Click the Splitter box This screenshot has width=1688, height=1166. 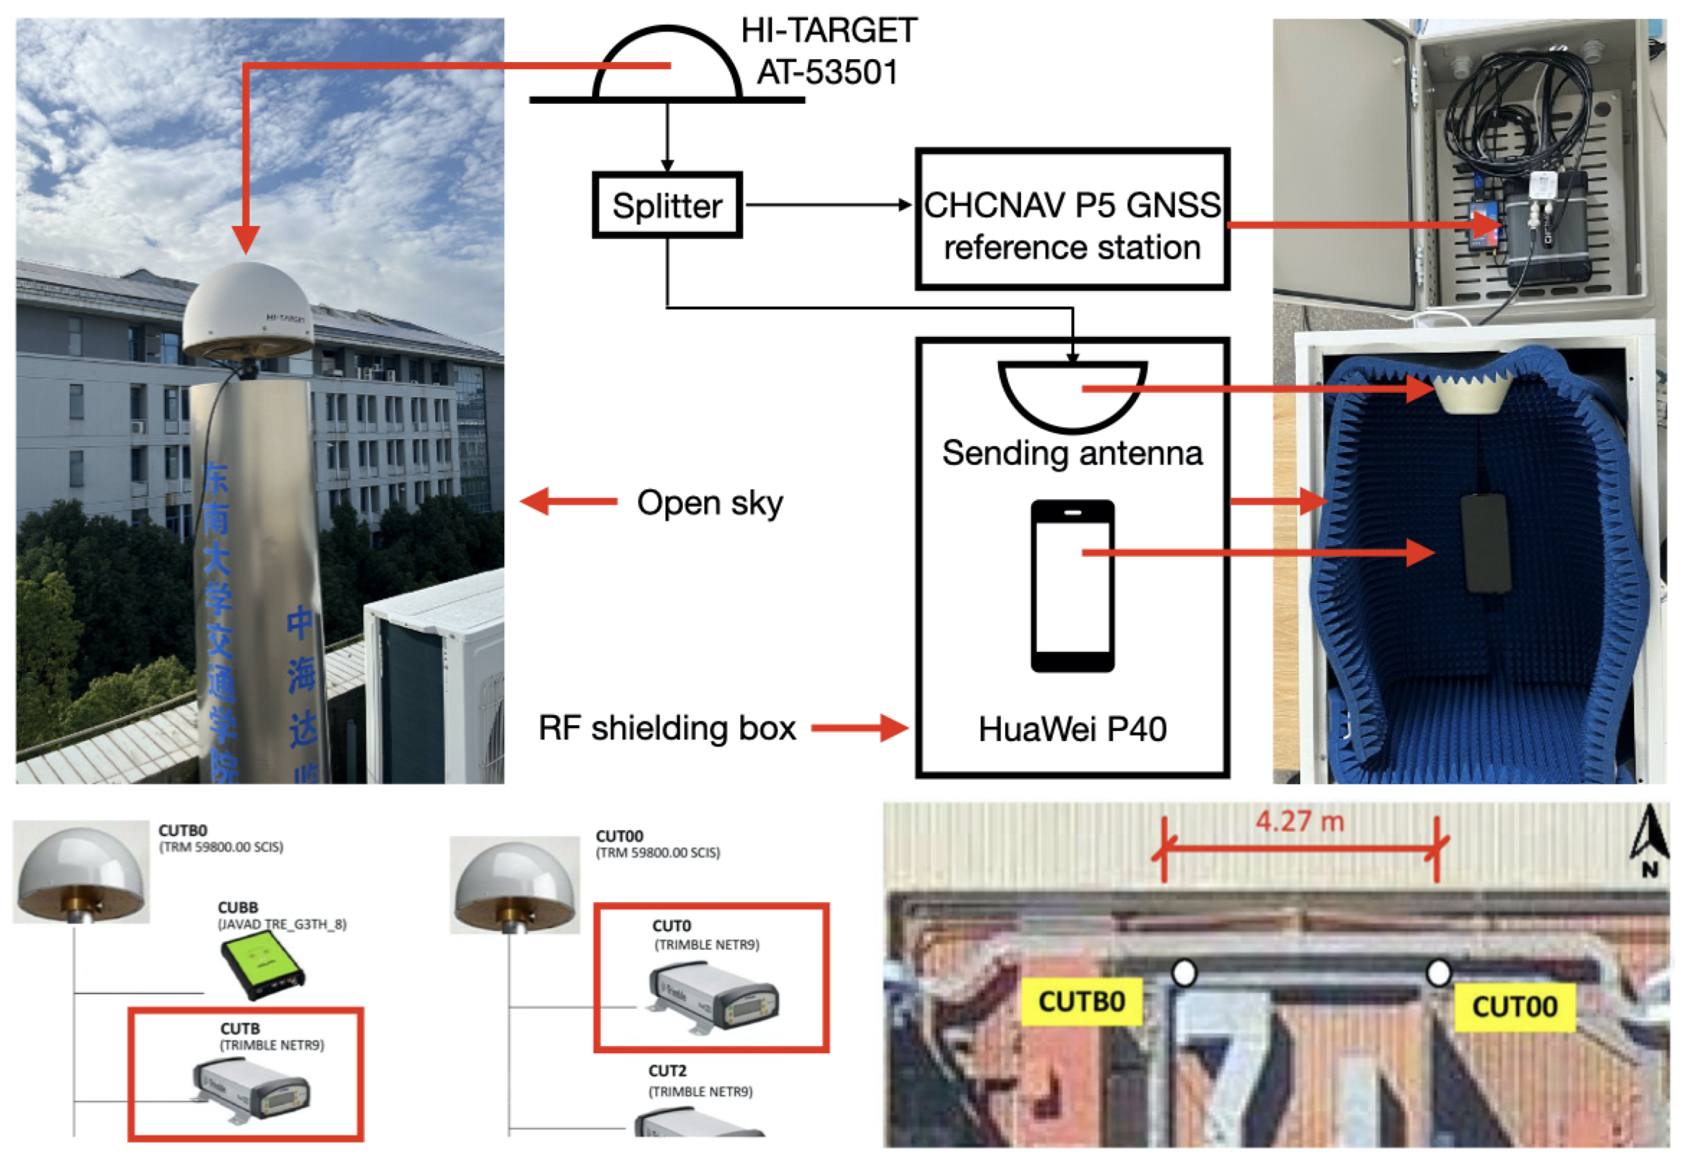pos(667,206)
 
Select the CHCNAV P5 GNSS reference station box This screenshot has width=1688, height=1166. pos(1072,220)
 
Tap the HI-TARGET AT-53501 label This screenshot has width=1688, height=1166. pos(829,51)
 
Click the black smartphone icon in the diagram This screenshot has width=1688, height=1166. pos(1072,586)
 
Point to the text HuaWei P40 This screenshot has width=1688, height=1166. pos(1072,729)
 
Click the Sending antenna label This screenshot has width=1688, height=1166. pos(1072,453)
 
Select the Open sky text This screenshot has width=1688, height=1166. pos(710,503)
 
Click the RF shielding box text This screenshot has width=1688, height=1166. pos(666,728)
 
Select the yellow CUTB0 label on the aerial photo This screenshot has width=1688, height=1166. pos(1081,1001)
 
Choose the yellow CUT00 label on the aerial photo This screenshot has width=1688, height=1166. pos(1514,1007)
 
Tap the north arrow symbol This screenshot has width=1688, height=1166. pos(1649,840)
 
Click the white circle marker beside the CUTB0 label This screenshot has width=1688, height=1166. pos(1184,972)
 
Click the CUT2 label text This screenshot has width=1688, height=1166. pos(667,1071)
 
